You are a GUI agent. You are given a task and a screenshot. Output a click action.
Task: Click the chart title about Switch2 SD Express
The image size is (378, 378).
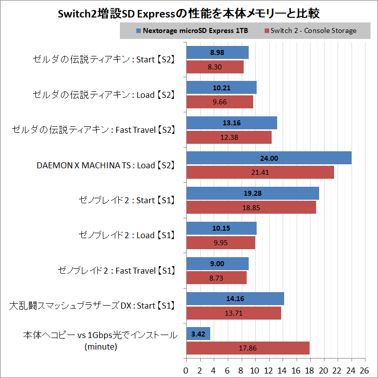(x=189, y=12)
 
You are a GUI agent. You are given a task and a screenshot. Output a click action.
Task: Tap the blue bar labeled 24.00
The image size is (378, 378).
(x=269, y=158)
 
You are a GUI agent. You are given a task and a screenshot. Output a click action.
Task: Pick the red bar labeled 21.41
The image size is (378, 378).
(x=260, y=172)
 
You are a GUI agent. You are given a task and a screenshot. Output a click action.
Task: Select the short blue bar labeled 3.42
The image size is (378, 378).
(x=198, y=334)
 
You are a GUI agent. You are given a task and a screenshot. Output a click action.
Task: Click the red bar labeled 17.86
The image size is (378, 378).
(x=248, y=348)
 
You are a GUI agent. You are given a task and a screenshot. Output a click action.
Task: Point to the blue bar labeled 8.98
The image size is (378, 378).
(x=217, y=52)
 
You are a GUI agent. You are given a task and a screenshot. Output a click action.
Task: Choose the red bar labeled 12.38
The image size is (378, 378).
(x=229, y=137)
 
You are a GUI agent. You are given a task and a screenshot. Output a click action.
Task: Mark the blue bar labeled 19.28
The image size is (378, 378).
(x=252, y=193)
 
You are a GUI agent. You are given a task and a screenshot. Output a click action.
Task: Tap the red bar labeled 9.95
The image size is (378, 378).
(x=220, y=243)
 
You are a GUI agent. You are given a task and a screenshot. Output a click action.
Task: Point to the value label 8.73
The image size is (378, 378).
(x=216, y=278)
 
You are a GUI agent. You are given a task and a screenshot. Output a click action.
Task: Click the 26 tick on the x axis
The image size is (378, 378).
(x=365, y=370)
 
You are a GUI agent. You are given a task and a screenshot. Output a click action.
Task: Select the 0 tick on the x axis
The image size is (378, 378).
(x=186, y=370)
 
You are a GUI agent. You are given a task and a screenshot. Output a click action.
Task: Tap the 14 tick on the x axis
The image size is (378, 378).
(x=282, y=370)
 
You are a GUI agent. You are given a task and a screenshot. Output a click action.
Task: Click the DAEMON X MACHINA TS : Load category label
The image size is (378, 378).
(x=106, y=165)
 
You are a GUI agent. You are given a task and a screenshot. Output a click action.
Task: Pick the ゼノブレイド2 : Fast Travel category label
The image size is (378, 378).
(x=116, y=271)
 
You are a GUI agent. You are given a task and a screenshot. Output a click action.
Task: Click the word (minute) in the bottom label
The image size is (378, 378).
(x=101, y=346)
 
